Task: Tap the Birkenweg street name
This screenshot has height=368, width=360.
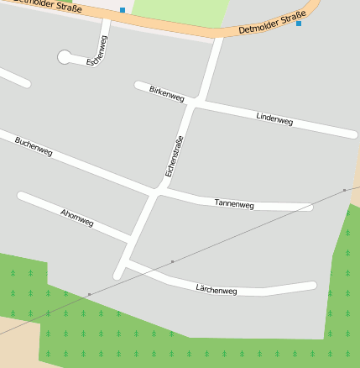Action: pyautogui.click(x=166, y=92)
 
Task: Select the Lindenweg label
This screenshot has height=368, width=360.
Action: pyautogui.click(x=274, y=118)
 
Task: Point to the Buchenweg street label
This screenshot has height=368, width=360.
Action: pyautogui.click(x=34, y=147)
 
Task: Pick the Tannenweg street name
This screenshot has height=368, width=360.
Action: pyautogui.click(x=234, y=203)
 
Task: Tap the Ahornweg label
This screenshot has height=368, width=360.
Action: pyautogui.click(x=77, y=218)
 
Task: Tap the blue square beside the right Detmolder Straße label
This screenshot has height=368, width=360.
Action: pyautogui.click(x=299, y=24)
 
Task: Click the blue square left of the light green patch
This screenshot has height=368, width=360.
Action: pyautogui.click(x=123, y=10)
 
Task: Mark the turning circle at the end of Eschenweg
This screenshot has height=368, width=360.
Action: pyautogui.click(x=65, y=56)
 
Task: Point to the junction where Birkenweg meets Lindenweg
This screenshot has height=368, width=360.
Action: pyautogui.click(x=198, y=102)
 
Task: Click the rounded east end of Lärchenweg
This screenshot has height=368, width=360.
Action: pyautogui.click(x=312, y=286)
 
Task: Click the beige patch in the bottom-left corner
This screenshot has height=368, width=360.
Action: pyautogui.click(x=17, y=344)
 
